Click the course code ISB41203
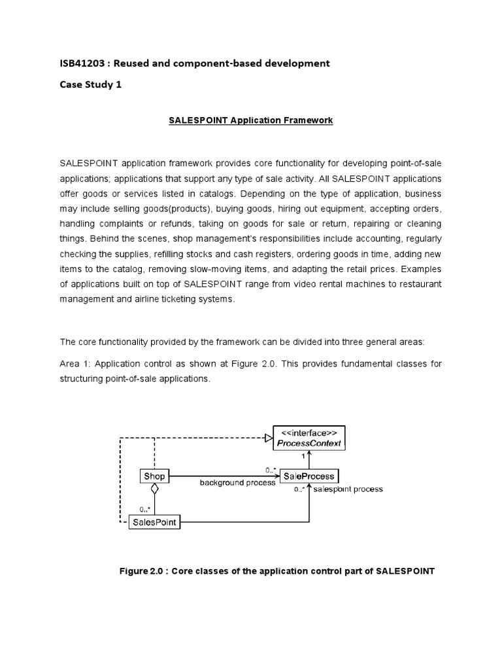pos(82,63)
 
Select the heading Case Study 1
pos(91,84)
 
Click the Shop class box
pos(154,476)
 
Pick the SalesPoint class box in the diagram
pos(154,521)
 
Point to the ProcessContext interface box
pos(310,437)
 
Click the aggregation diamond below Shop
pos(154,489)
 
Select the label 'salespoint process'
pos(348,489)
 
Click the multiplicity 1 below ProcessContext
pos(303,456)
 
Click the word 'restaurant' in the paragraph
pos(418,284)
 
